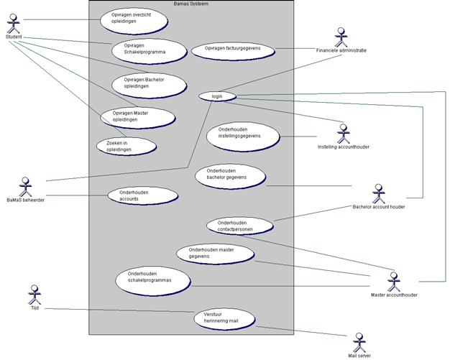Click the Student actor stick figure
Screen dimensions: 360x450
pyautogui.click(x=12, y=22)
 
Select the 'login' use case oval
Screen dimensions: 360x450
pyautogui.click(x=216, y=96)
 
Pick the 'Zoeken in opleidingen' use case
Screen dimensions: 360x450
pyautogui.click(x=127, y=146)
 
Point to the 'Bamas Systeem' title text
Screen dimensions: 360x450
pyautogui.click(x=191, y=4)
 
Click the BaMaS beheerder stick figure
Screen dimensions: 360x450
pyautogui.click(x=26, y=185)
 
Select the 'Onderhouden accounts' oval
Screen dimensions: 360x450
pyautogui.click(x=143, y=196)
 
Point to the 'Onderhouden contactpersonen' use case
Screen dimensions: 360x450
pyautogui.click(x=241, y=226)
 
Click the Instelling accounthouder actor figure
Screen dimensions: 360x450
pyautogui.click(x=342, y=132)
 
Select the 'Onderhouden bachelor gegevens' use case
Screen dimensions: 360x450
pyautogui.click(x=230, y=174)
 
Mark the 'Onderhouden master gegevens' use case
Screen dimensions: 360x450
pyautogui.click(x=215, y=253)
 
